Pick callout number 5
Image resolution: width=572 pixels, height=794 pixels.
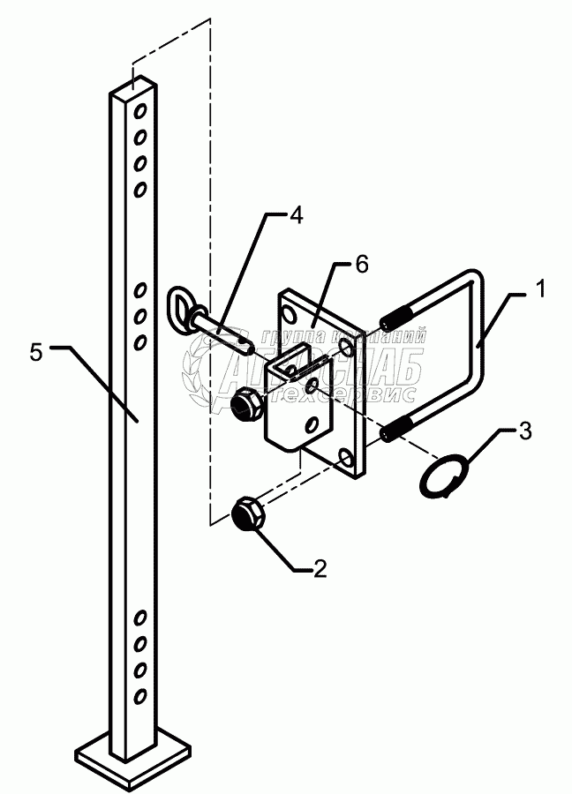[36, 353]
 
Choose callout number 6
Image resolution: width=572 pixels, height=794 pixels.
[362, 264]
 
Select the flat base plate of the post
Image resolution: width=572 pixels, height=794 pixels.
[132, 754]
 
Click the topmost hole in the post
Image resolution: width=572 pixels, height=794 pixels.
[139, 111]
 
